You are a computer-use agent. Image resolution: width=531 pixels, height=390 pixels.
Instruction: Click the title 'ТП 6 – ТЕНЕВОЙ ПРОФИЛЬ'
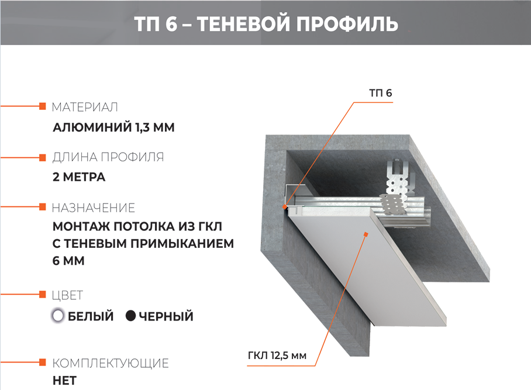266,24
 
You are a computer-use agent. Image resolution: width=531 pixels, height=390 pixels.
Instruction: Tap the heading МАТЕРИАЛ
85,107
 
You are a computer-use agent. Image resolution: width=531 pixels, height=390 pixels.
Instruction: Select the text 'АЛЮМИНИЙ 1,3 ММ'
113,127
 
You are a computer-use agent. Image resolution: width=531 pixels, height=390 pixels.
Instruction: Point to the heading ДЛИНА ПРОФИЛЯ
108,157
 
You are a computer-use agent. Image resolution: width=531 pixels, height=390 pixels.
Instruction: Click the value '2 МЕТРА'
79,177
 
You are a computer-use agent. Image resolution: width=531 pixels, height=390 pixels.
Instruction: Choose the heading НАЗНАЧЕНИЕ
94,208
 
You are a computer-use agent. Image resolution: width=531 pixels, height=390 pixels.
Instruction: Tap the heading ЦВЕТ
67,295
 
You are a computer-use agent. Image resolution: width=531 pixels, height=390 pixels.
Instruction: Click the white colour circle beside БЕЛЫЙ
58,316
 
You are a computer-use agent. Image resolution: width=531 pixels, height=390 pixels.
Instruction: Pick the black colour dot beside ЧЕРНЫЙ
131,316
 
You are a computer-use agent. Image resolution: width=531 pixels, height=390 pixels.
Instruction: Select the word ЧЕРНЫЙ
166,316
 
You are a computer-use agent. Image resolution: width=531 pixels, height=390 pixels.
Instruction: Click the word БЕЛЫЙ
91,316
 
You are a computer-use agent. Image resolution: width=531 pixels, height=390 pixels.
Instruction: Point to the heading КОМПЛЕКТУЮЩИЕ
111,363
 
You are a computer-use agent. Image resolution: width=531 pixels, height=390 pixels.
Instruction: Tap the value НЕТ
65,381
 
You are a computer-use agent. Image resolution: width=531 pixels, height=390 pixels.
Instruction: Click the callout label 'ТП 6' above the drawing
380,93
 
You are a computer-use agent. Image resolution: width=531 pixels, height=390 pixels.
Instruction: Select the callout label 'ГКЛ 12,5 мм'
277,356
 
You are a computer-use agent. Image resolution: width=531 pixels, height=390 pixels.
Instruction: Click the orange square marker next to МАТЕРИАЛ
42,106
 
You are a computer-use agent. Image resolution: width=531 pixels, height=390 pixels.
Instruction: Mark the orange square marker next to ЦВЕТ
42,294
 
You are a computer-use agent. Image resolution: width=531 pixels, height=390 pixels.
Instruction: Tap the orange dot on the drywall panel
366,234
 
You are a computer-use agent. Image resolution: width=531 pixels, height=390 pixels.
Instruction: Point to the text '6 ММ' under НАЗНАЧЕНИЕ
68,261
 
